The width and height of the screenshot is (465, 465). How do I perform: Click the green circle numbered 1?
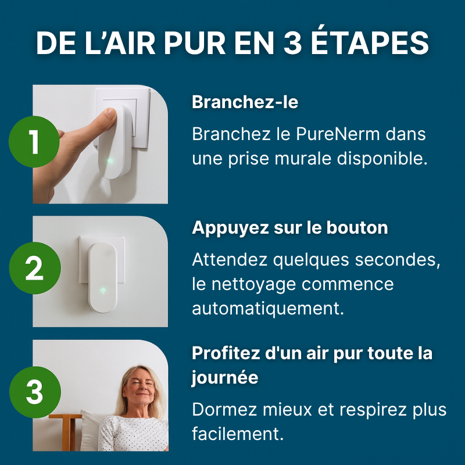34,142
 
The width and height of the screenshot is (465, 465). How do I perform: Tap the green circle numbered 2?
35,268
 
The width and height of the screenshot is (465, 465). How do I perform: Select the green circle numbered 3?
35,392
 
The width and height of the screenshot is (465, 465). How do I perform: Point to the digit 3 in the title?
293,43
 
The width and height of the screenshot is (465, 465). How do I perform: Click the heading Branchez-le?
245,102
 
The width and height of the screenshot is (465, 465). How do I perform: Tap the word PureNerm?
338,134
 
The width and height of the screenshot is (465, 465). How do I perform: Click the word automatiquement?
268,309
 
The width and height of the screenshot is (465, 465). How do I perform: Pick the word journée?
225,378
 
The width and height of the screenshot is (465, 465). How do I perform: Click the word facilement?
238,434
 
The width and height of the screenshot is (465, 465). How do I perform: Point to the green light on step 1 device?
110,161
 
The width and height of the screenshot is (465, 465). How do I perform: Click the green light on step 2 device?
103,290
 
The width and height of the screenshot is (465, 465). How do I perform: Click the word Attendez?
229,260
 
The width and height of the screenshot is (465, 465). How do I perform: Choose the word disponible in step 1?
382,159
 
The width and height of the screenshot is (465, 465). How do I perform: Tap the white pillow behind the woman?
91,430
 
